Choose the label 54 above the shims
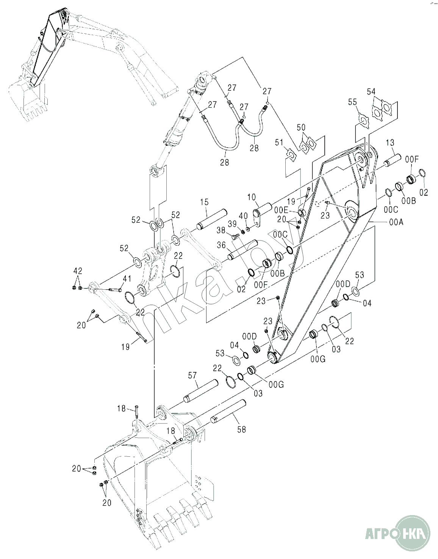tap(371, 91)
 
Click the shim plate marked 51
tap(291, 155)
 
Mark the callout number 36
tap(221, 246)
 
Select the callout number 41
tap(126, 279)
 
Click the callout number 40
tap(245, 216)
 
